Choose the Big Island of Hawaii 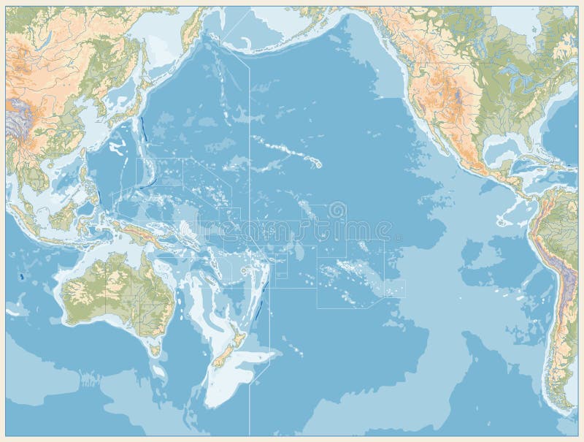[x=319, y=164]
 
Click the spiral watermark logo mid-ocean [x=337, y=210]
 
